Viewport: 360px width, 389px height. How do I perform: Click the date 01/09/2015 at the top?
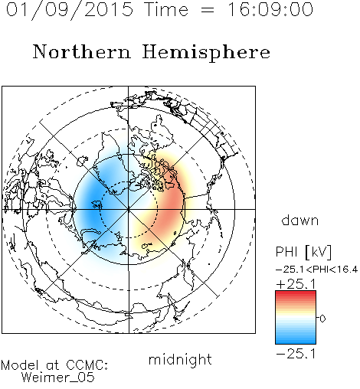pos(70,10)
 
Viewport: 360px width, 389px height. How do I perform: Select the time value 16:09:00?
pos(270,9)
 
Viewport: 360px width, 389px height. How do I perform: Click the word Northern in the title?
pos(82,51)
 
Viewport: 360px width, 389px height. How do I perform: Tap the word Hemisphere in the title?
pos(206,53)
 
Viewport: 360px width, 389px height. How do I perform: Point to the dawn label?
pos(300,220)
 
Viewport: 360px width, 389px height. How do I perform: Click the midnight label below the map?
pos(180,360)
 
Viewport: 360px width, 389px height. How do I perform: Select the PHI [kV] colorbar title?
pos(303,252)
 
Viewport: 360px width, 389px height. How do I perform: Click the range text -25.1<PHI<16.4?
pos(316,270)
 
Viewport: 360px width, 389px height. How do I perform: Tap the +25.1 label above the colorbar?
pos(296,284)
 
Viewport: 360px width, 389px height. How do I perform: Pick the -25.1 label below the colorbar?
pos(296,354)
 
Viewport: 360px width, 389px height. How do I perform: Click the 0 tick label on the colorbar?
pos(322,319)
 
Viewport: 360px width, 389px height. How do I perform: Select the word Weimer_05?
pos(58,378)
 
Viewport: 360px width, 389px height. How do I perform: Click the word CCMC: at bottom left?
pos(87,365)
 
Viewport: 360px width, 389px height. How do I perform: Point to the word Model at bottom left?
pos(20,365)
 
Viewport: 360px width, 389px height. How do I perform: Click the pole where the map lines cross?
pos(129,209)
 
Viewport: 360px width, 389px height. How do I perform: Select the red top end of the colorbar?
pos(296,293)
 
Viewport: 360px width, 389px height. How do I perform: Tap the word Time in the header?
pos(166,9)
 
